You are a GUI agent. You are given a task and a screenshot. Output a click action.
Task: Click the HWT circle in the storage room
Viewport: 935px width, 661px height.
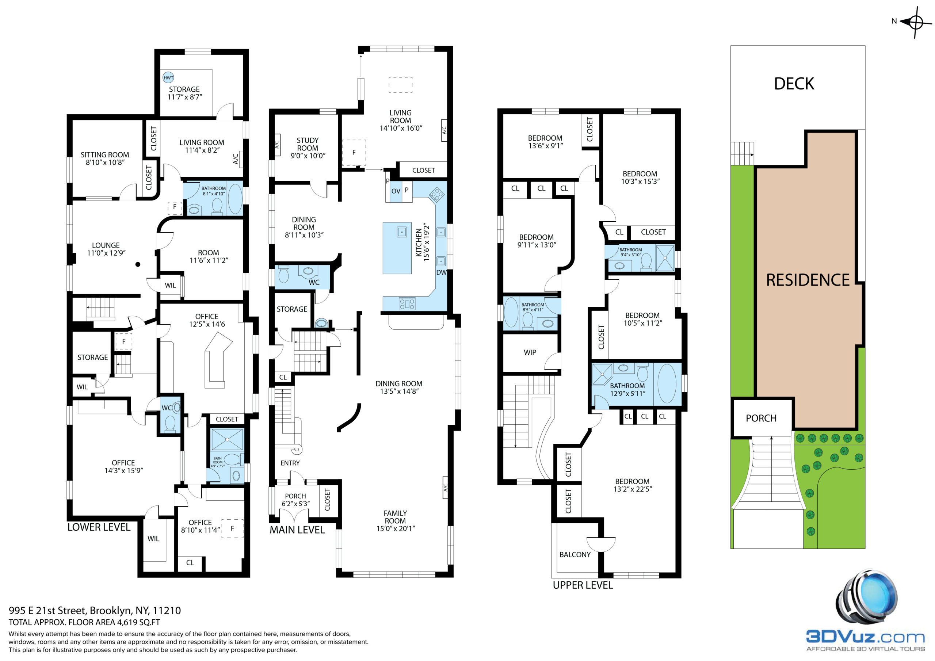point(168,78)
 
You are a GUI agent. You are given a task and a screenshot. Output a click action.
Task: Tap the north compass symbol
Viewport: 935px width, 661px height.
point(916,22)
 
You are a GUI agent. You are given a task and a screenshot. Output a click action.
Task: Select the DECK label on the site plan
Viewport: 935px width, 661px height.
point(794,84)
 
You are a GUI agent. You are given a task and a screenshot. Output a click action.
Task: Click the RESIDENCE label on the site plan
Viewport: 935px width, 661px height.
point(808,280)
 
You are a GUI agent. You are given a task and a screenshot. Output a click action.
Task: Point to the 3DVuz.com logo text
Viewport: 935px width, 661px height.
point(865,637)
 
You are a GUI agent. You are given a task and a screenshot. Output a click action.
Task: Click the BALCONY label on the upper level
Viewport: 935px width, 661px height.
point(575,555)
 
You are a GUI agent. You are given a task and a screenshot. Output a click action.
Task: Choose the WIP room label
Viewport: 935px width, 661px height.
point(530,353)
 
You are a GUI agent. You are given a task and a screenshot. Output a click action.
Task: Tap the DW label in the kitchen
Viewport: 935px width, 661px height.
point(442,272)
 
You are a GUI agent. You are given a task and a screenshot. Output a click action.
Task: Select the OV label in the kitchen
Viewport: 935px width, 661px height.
point(396,191)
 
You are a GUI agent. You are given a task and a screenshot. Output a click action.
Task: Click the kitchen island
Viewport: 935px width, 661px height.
point(397,248)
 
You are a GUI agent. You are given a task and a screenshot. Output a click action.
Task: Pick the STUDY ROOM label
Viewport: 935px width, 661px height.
point(308,144)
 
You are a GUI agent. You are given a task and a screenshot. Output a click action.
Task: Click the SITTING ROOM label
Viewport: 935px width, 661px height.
point(105,155)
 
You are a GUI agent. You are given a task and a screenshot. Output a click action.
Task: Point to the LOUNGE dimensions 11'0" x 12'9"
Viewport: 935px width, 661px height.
point(106,253)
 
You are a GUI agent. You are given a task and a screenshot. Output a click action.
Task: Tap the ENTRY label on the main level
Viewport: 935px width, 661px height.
point(290,463)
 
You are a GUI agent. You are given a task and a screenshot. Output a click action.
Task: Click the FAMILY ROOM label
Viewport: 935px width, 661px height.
point(395,517)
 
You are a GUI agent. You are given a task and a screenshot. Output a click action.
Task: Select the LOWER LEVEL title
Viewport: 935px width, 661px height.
point(99,527)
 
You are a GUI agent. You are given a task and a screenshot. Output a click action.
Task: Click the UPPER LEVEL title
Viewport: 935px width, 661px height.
point(583,585)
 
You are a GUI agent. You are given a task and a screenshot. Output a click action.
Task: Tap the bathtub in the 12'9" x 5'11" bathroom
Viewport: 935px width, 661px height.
point(667,384)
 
